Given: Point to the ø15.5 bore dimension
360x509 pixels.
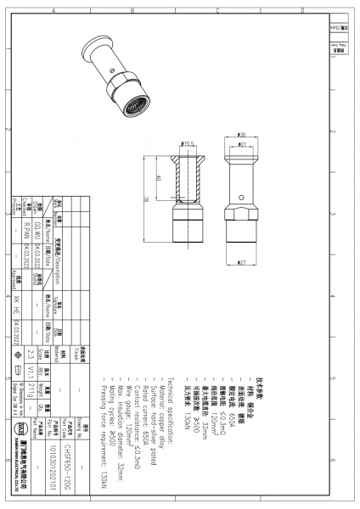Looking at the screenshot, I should pyautogui.click(x=188, y=143).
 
